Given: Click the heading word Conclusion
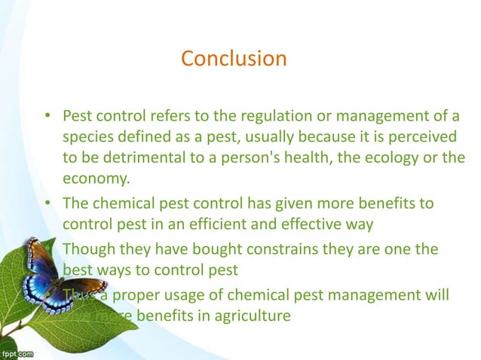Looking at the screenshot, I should tap(234, 58).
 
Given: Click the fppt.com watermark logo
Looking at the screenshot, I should tap(18, 352).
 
